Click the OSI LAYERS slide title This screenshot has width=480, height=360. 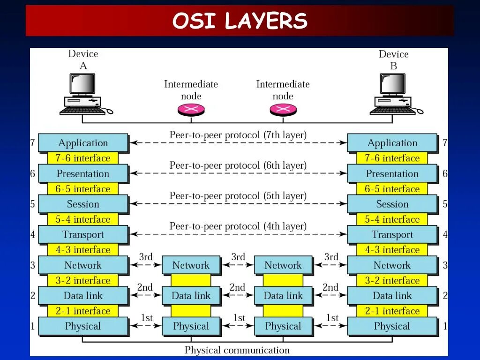(240, 21)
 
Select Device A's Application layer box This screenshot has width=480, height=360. (83, 143)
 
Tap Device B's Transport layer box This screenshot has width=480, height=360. (392, 234)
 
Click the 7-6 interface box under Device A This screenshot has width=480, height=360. (83, 158)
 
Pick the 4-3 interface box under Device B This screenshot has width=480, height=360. (392, 250)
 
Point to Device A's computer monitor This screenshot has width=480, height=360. (82, 84)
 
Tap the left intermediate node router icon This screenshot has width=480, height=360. (191, 110)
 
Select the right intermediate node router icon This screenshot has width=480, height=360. (283, 110)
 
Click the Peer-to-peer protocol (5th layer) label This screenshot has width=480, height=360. (238, 196)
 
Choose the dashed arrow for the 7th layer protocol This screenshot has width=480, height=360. (238, 142)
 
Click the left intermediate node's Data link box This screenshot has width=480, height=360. (191, 296)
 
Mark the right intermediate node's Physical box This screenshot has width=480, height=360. (283, 326)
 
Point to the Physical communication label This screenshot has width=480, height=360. (237, 350)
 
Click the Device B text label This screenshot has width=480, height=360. (393, 60)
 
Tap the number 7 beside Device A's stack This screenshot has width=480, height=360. (32, 143)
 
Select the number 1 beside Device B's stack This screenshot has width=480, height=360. (445, 326)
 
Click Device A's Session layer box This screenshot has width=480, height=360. (83, 204)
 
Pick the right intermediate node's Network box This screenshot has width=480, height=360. (283, 265)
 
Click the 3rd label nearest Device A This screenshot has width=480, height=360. (146, 257)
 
